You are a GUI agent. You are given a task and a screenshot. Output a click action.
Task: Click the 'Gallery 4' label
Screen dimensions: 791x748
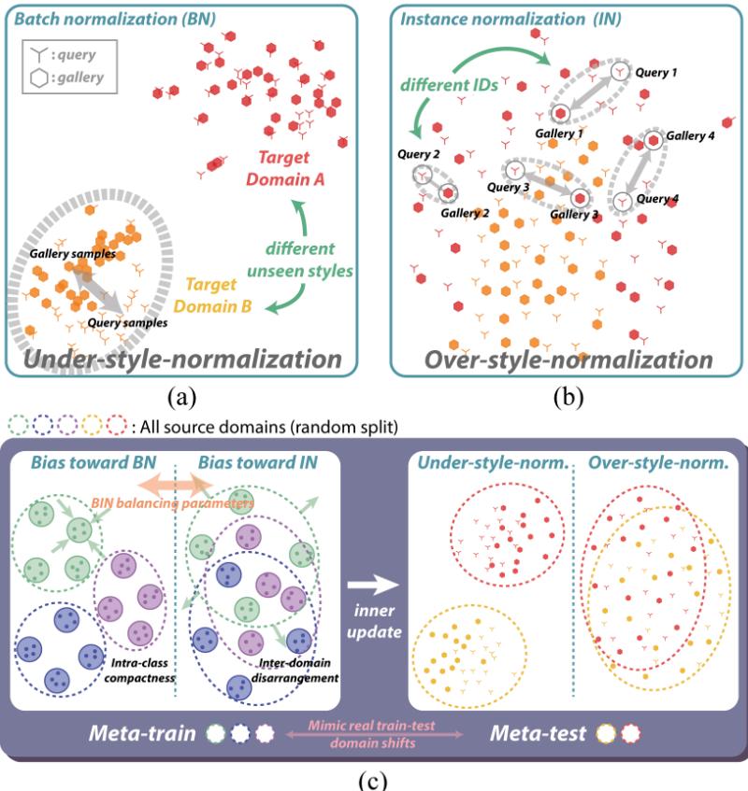coord(693,135)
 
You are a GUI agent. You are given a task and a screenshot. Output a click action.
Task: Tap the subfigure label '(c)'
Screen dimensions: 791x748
coord(374,779)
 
